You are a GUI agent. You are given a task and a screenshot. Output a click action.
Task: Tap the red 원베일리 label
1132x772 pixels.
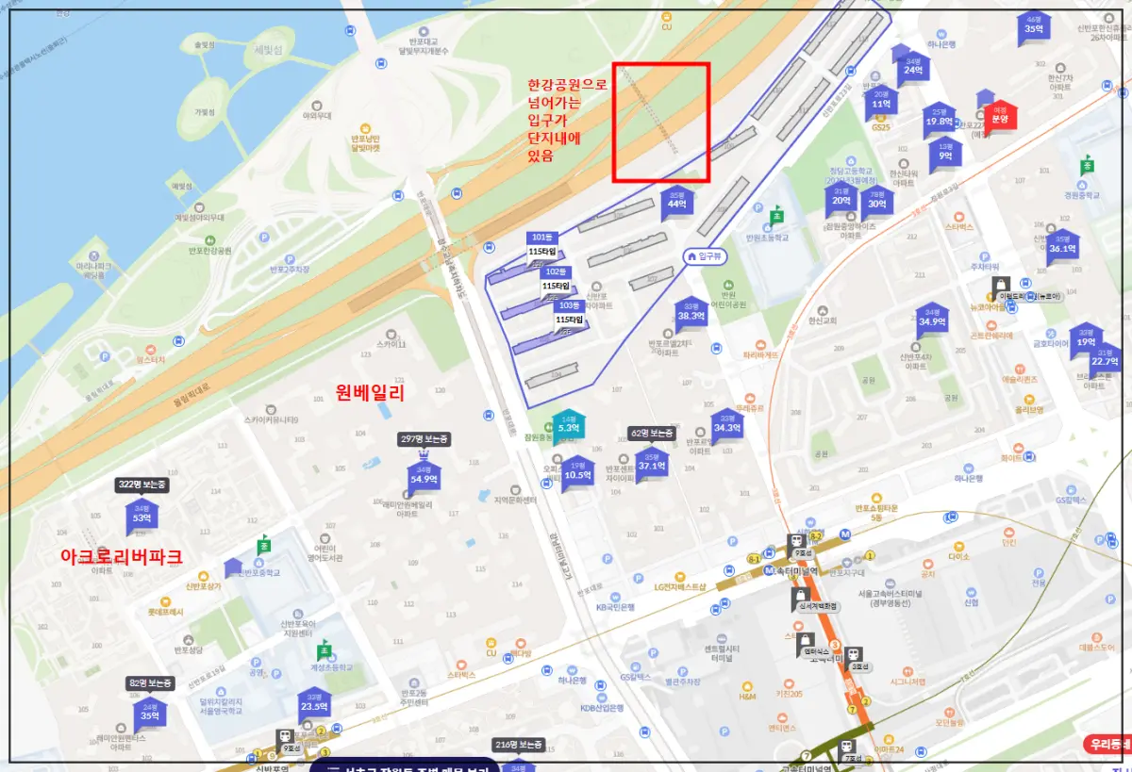click(370, 393)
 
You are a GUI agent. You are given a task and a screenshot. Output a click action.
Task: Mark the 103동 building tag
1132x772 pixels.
click(569, 305)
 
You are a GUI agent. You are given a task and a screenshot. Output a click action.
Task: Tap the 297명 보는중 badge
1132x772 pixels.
click(424, 439)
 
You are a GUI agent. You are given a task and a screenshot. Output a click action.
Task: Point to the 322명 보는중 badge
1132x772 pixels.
click(141, 485)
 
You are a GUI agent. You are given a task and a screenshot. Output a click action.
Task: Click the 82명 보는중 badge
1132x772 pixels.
click(150, 683)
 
